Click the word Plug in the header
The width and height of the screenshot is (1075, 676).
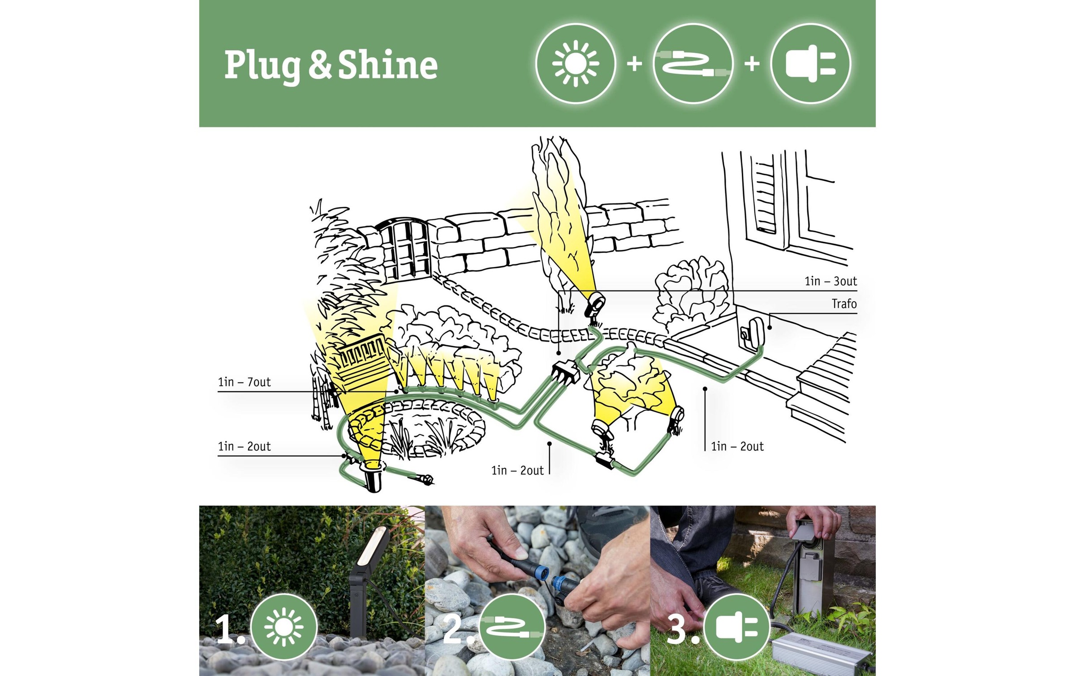tap(262, 66)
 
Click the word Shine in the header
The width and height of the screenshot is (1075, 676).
tap(388, 64)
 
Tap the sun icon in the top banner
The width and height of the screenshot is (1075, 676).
tap(576, 64)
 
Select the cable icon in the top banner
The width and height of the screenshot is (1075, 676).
tap(693, 64)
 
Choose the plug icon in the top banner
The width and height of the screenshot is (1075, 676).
tap(811, 64)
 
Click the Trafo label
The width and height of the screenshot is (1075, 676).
tap(844, 304)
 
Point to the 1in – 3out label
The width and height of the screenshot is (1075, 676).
tap(830, 281)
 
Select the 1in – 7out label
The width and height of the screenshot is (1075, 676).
tap(244, 382)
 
